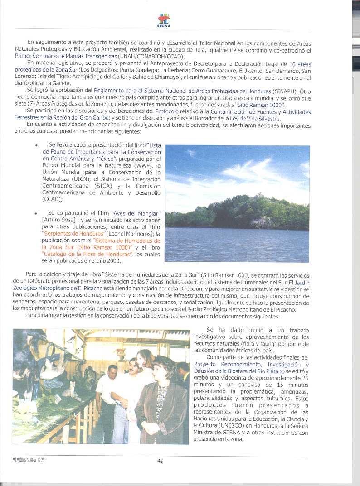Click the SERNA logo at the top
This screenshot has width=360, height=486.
164,20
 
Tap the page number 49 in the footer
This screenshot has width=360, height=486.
160,461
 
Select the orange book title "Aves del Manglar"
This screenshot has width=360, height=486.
143,213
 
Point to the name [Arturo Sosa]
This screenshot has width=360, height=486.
58,220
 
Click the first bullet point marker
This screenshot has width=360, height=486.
35,146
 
